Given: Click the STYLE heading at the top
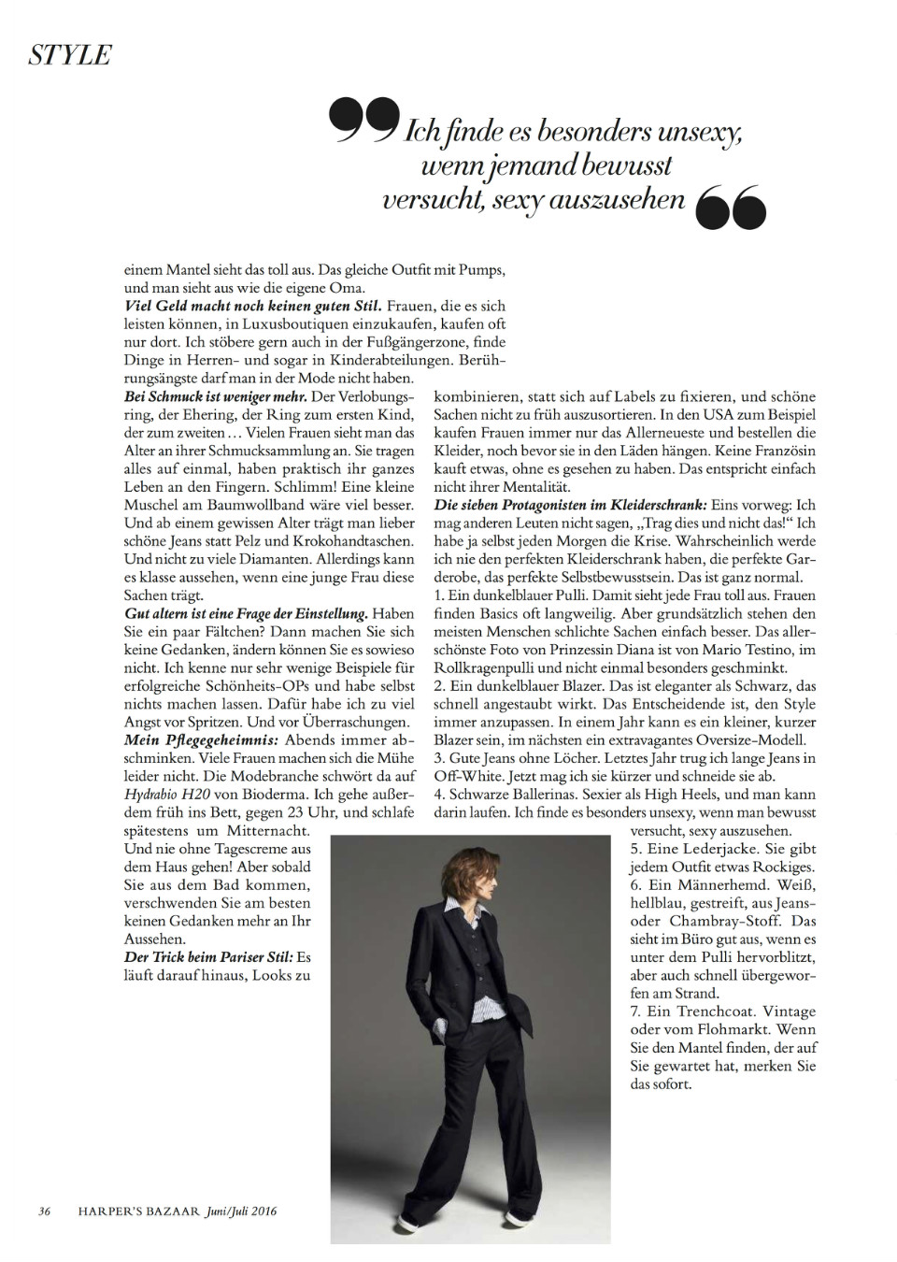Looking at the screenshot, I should click(x=70, y=55).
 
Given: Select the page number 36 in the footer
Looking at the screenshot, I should click(x=44, y=1212).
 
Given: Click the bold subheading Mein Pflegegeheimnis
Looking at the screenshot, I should click(x=201, y=739).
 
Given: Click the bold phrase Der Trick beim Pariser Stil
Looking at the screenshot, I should click(x=208, y=957).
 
